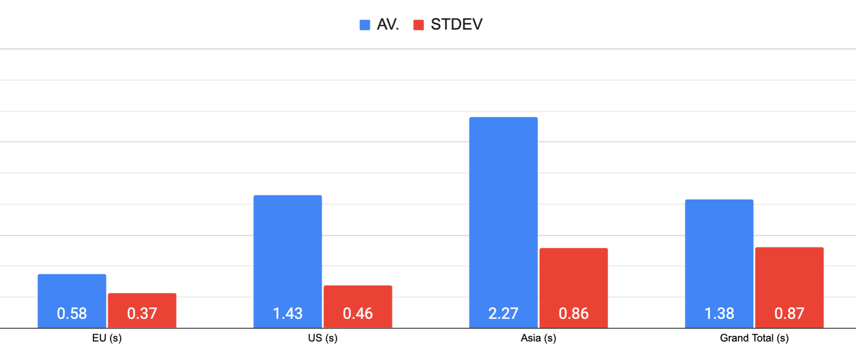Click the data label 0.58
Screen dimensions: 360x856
[72, 314]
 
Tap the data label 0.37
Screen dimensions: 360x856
[142, 314]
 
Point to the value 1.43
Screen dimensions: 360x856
[287, 314]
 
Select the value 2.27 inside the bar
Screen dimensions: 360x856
[503, 314]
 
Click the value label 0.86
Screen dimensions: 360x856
[573, 314]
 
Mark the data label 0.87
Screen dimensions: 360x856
[789, 314]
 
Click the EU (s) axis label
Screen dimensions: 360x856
[107, 338]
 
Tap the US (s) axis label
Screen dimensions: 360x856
[322, 338]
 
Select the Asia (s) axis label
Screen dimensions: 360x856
[538, 338]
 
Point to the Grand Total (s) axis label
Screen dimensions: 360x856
[754, 338]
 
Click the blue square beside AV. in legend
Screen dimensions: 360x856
[365, 25]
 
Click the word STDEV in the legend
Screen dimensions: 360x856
[456, 24]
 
